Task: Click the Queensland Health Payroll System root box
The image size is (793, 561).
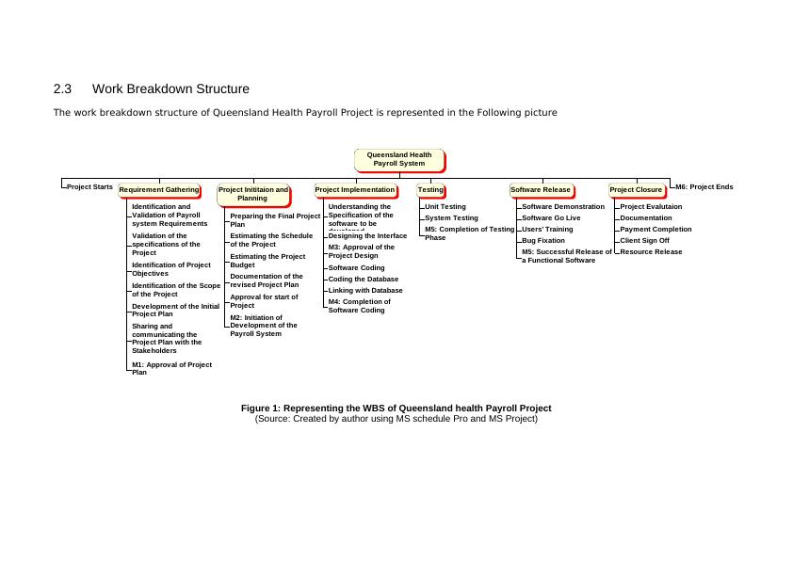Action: (398, 159)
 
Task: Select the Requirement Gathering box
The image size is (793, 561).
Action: (158, 190)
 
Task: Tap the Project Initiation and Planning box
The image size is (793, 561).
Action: (252, 194)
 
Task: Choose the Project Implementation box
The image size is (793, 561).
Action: (355, 190)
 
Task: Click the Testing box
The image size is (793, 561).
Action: (430, 190)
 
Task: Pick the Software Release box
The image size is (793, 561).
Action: (541, 190)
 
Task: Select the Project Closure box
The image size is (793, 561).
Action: (636, 190)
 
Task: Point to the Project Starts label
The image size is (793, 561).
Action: (90, 187)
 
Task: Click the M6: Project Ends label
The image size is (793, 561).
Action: (704, 187)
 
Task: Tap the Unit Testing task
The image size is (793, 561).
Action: (445, 207)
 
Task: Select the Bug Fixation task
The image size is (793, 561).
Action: (543, 241)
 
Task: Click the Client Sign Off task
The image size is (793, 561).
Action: (645, 241)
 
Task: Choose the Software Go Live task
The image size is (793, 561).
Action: (551, 218)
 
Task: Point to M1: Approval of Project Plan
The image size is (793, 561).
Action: (171, 368)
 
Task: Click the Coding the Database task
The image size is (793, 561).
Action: (363, 280)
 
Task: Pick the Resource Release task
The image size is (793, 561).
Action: (651, 252)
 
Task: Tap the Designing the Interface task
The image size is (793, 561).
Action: (367, 236)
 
